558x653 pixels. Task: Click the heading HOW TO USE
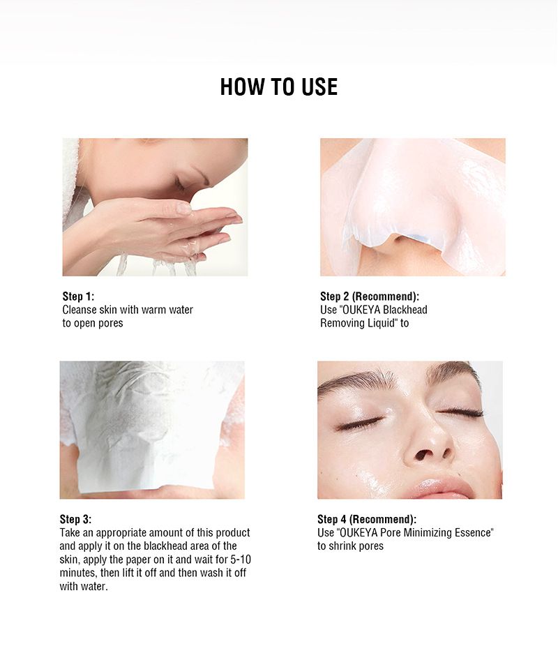278,87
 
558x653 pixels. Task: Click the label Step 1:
78,297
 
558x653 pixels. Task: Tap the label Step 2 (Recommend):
370,297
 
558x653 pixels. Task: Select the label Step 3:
75,519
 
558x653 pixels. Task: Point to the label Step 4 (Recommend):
366,519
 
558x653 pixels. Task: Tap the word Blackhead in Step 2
405,310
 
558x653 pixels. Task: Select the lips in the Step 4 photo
444,486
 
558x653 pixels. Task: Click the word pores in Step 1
111,324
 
